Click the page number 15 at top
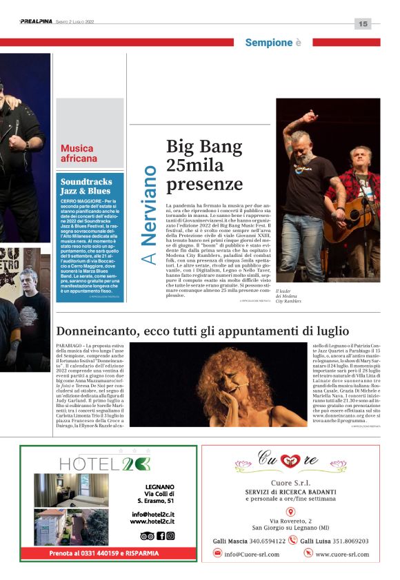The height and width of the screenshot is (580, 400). click(363, 23)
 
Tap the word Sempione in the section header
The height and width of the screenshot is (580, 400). click(268, 43)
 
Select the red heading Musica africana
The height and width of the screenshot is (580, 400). click(79, 153)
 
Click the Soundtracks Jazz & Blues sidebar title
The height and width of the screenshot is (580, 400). click(86, 186)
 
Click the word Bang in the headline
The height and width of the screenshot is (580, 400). click(220, 147)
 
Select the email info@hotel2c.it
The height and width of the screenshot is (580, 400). click(152, 514)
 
